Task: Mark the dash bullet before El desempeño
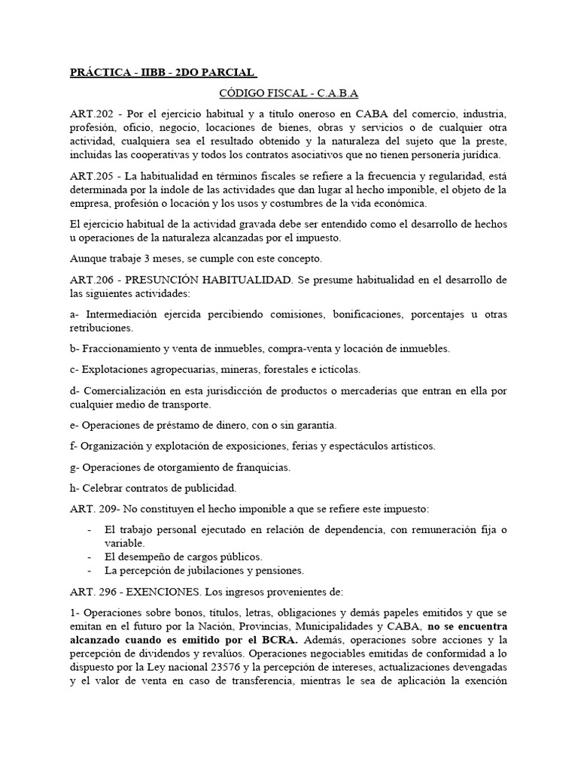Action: [90, 556]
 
